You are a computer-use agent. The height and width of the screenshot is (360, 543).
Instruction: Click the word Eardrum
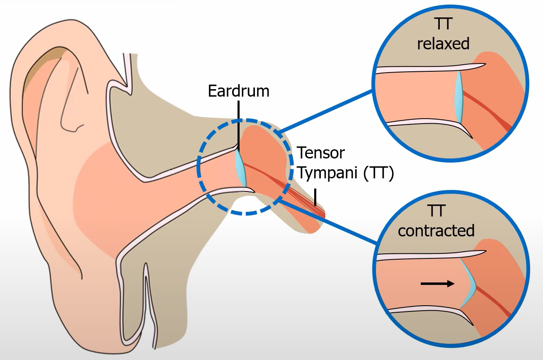239,91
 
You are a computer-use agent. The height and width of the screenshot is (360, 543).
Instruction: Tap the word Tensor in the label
321,153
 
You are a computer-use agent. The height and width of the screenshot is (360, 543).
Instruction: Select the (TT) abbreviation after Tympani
378,174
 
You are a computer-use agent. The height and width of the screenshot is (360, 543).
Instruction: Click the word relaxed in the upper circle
443,44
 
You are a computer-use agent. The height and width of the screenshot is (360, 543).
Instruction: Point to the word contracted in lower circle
436,231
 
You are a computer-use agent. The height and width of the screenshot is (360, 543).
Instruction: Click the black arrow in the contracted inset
437,284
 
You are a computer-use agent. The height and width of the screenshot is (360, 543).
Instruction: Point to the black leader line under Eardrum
238,120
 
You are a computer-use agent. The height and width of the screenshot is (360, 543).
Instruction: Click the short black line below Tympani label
315,197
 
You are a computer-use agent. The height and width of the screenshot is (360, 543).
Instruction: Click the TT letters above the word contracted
436,211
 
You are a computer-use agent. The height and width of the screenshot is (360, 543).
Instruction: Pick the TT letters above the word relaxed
443,24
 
